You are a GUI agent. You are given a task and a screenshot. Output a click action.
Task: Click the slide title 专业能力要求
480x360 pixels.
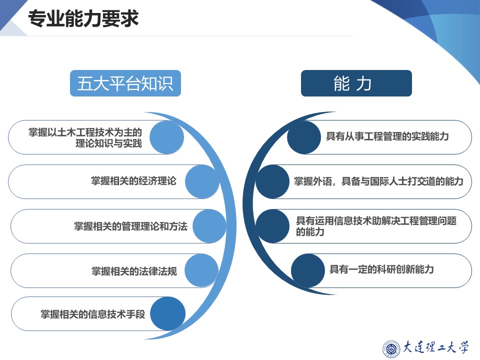point(83,19)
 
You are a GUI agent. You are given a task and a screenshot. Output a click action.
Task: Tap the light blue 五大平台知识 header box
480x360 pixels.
point(125,83)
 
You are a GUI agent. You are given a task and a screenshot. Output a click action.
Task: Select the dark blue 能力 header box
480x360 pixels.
point(356,83)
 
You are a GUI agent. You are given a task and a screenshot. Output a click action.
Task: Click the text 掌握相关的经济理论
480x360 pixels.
point(133,181)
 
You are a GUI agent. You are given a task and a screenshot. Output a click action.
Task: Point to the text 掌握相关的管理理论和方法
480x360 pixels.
point(130,226)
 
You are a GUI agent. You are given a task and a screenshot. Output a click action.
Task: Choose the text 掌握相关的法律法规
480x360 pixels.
point(134,271)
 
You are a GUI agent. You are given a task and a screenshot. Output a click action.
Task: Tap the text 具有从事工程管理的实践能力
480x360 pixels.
point(387,136)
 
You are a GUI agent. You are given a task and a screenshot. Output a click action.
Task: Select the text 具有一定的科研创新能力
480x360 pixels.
point(381,270)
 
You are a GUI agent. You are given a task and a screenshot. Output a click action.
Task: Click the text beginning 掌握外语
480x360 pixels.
point(378,181)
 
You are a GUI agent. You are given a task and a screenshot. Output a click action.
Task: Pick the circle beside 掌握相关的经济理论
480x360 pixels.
point(202,181)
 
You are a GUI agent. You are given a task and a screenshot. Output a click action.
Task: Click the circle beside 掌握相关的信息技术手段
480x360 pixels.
point(168,314)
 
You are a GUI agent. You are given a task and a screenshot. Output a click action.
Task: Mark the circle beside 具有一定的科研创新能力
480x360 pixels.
point(308,270)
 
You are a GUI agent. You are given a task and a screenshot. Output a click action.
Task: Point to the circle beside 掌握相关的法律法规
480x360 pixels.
point(201,270)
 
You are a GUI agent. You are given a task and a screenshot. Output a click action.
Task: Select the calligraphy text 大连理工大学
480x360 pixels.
point(436,347)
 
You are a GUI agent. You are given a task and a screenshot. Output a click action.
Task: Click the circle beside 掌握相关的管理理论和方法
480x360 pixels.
point(209,226)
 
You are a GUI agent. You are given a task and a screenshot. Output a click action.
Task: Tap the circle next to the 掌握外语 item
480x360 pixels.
point(273,181)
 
